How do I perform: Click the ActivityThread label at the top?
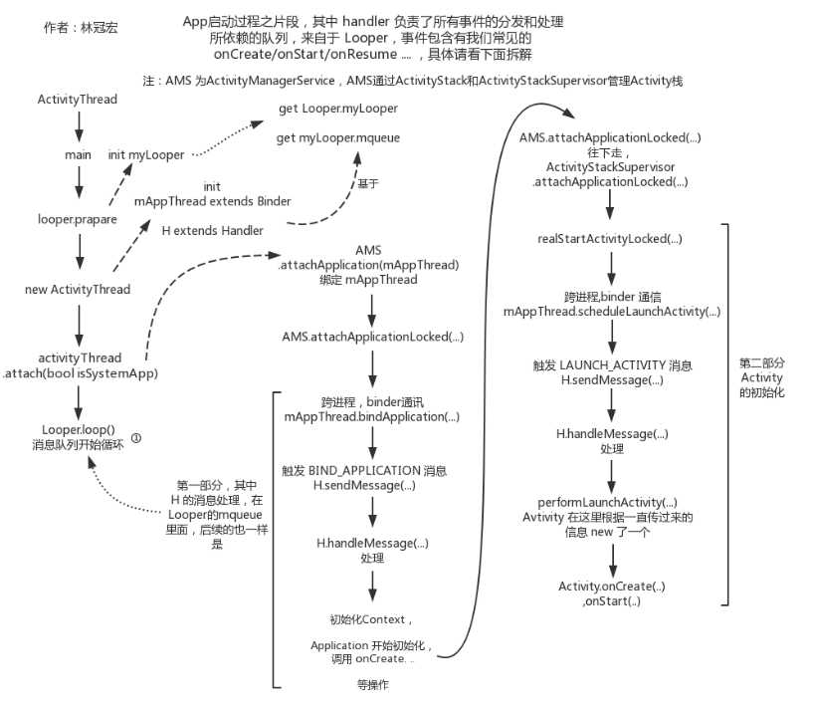[77, 100]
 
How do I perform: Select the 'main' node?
[78, 155]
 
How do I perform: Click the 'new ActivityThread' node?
[77, 290]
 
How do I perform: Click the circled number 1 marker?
[136, 437]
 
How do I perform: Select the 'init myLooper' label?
[146, 155]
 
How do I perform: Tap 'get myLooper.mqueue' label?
[338, 138]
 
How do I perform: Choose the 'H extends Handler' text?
[212, 231]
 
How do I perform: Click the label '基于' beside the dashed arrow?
[367, 183]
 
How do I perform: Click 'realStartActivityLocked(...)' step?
[609, 240]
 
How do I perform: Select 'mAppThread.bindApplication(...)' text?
[371, 416]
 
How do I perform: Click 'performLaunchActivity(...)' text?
[607, 502]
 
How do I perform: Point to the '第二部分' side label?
[763, 363]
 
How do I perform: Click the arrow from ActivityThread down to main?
[77, 126]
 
